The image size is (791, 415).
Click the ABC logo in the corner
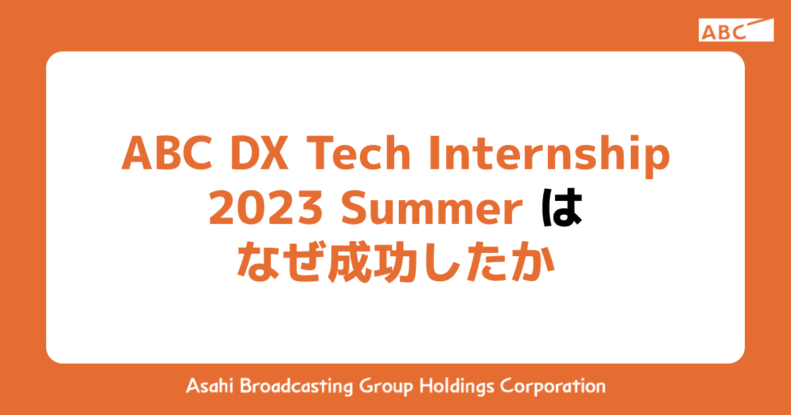pyautogui.click(x=736, y=30)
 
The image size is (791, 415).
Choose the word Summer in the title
pyautogui.click(x=429, y=211)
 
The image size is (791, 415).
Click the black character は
pyautogui.click(x=564, y=211)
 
